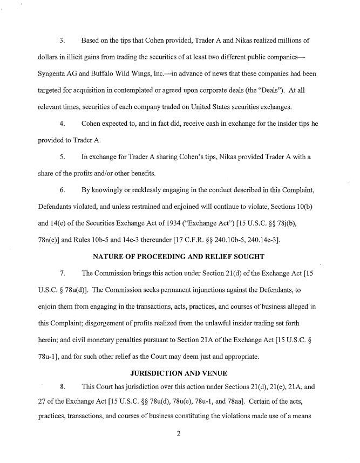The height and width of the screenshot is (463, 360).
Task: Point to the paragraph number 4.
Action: [63, 124]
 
